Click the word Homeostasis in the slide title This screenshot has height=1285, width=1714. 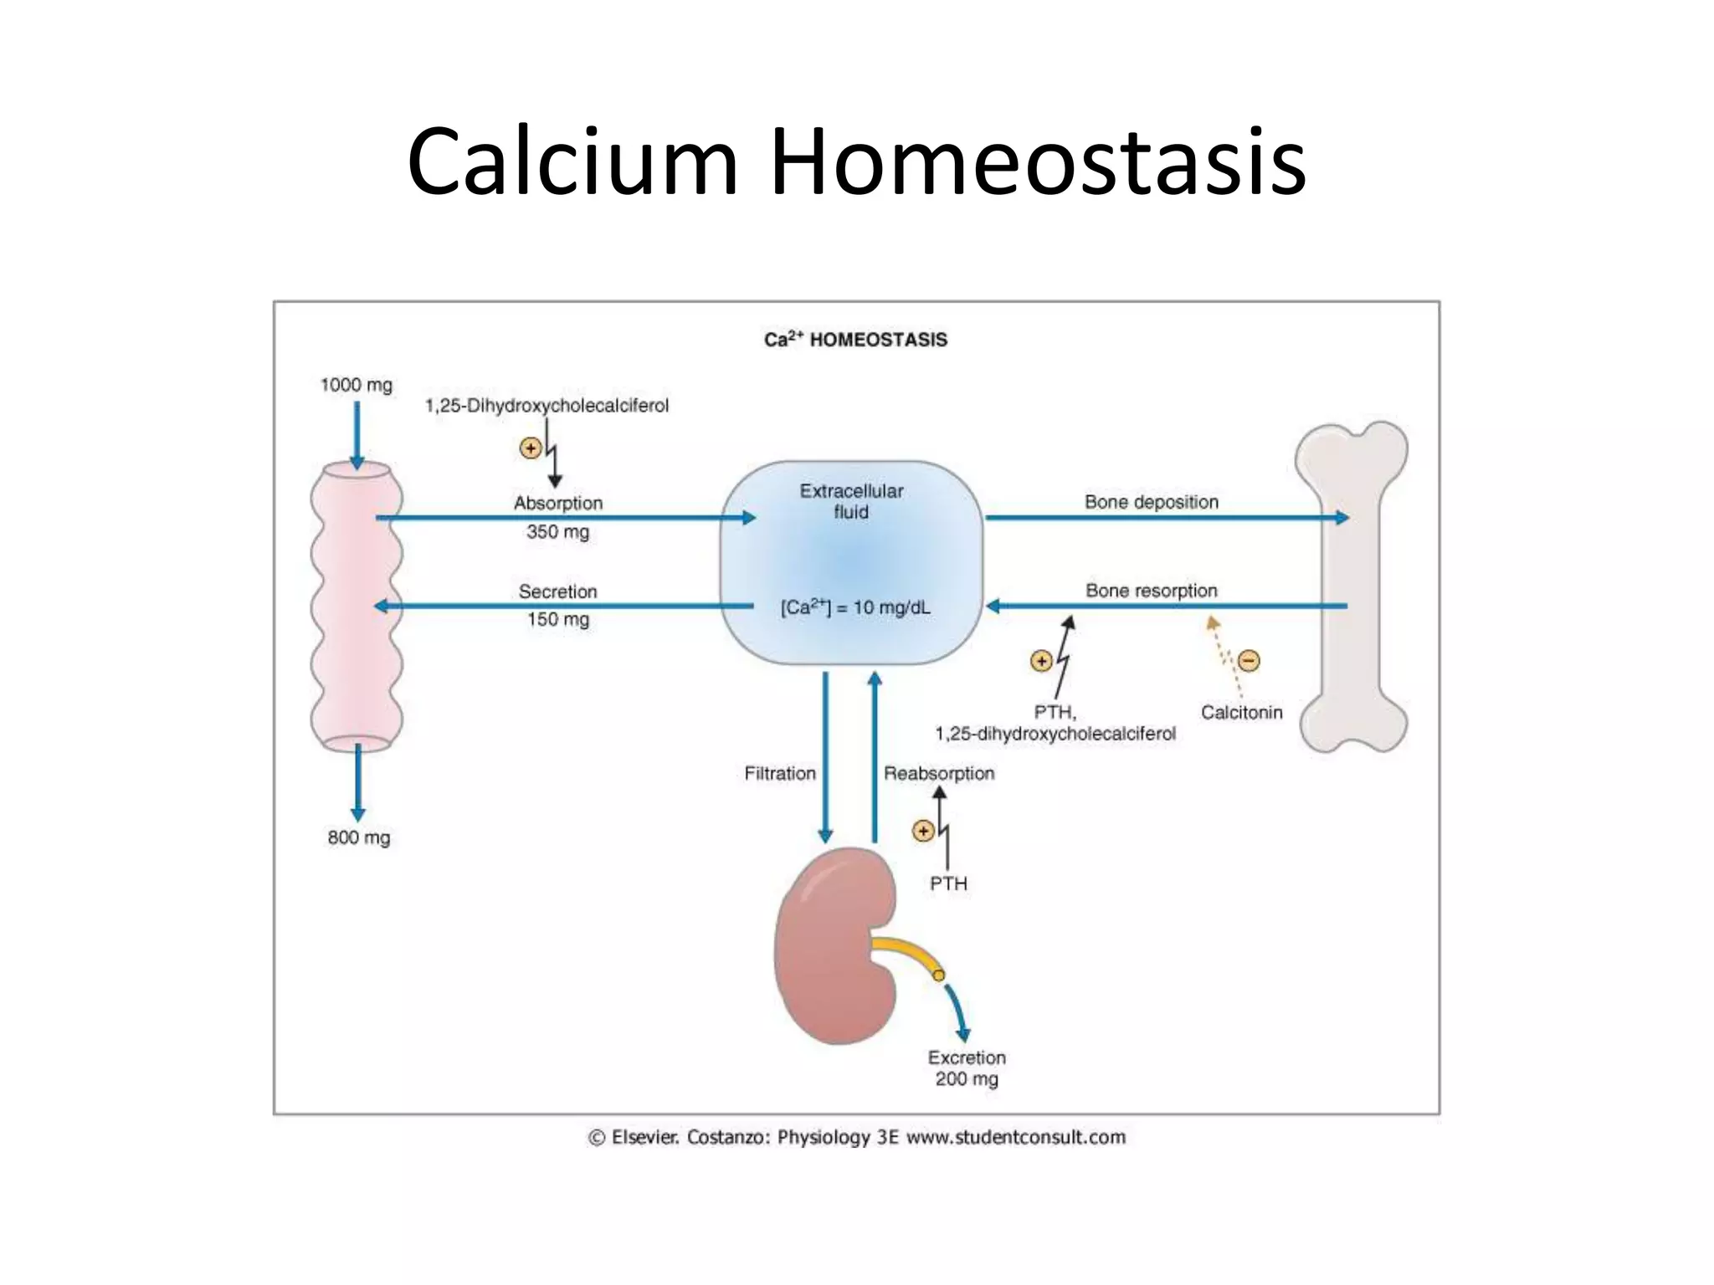pyautogui.click(x=1036, y=161)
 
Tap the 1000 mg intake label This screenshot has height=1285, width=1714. pyautogui.click(x=356, y=385)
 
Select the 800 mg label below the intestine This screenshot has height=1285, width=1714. pyautogui.click(x=358, y=837)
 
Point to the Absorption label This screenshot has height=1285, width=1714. pyautogui.click(x=557, y=503)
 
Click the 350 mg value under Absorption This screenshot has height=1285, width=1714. pyautogui.click(x=557, y=532)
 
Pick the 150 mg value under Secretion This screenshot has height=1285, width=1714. pyautogui.click(x=557, y=620)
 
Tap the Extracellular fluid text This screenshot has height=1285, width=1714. pyautogui.click(x=851, y=501)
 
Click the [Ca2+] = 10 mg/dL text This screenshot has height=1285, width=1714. pyautogui.click(x=854, y=607)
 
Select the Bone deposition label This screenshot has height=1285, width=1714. pyautogui.click(x=1151, y=502)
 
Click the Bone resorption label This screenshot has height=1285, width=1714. pyautogui.click(x=1151, y=591)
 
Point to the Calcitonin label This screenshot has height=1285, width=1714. pyautogui.click(x=1241, y=712)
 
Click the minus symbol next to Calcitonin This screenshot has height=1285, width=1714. pyautogui.click(x=1248, y=661)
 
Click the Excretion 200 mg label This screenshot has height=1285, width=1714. pyautogui.click(x=967, y=1068)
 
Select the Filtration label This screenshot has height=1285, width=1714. pyautogui.click(x=779, y=774)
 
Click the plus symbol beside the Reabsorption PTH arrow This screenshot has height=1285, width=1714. pyautogui.click(x=922, y=831)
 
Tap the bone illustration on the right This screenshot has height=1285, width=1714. pyautogui.click(x=1351, y=586)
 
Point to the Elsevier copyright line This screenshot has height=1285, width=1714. pyautogui.click(x=856, y=1138)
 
